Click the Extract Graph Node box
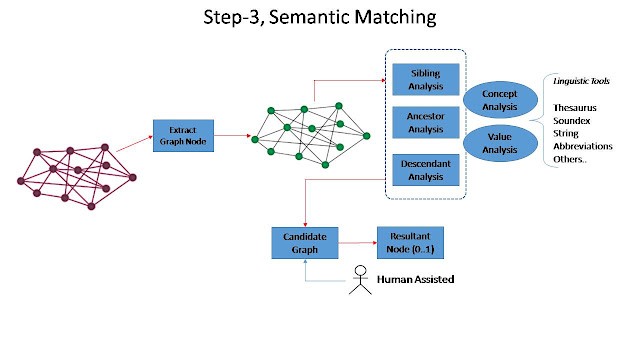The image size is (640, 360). (x=183, y=136)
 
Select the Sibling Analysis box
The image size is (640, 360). (x=426, y=80)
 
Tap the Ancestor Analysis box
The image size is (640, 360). (x=426, y=122)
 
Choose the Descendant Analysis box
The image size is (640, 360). (x=426, y=170)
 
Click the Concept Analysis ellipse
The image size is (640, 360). (x=500, y=100)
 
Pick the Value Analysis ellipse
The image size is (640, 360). (x=500, y=143)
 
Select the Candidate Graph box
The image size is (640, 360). (x=305, y=243)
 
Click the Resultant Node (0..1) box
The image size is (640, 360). (x=410, y=243)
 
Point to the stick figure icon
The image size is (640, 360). (x=360, y=280)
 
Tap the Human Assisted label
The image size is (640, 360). (x=416, y=279)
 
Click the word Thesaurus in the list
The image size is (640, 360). (x=575, y=108)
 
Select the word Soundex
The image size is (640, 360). (x=572, y=121)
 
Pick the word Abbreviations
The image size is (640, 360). (x=583, y=146)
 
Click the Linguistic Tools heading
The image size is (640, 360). (x=581, y=81)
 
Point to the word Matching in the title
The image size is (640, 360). (x=395, y=18)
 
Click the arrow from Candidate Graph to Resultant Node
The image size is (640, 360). (x=358, y=243)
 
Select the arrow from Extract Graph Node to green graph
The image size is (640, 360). (x=232, y=136)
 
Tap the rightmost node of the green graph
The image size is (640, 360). (x=367, y=136)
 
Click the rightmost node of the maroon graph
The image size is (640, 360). (x=132, y=178)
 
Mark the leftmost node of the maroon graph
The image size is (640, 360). (x=21, y=181)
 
